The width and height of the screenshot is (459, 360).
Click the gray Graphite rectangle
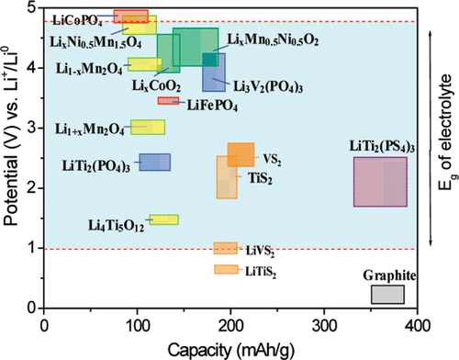coord(386,294)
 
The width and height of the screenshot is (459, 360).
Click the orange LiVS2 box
coord(225,248)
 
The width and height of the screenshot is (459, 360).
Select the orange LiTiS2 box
coord(225,269)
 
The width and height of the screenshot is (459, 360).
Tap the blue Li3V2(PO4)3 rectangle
coord(214,72)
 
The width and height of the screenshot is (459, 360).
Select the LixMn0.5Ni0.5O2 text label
coord(274,40)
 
